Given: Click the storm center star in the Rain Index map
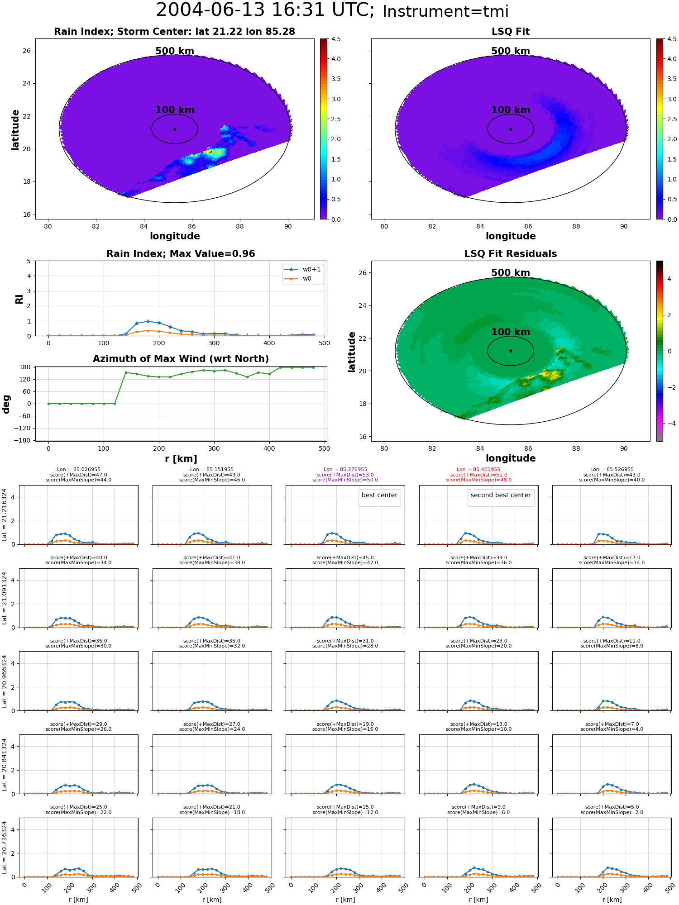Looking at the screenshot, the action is [x=175, y=129].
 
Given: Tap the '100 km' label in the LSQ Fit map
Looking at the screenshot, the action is [x=511, y=110].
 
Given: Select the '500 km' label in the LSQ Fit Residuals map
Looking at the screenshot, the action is [x=511, y=273].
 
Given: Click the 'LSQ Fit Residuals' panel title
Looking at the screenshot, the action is [x=511, y=254].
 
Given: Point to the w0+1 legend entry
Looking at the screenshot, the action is [x=303, y=270].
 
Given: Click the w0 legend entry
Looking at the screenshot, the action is [x=298, y=279].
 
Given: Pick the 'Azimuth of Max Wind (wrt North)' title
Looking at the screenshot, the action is [x=181, y=359].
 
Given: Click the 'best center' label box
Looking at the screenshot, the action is [x=379, y=495].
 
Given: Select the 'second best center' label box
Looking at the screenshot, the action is [x=501, y=495].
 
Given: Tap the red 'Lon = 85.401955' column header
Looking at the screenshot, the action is [x=478, y=470].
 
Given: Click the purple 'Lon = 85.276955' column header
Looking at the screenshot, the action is [x=345, y=470].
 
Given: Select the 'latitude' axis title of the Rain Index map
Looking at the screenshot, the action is [x=15, y=129].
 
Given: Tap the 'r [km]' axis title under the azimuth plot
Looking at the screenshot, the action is [x=181, y=459].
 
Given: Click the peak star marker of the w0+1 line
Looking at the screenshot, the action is [x=148, y=321].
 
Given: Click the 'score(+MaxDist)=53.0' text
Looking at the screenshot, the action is [x=345, y=475].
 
